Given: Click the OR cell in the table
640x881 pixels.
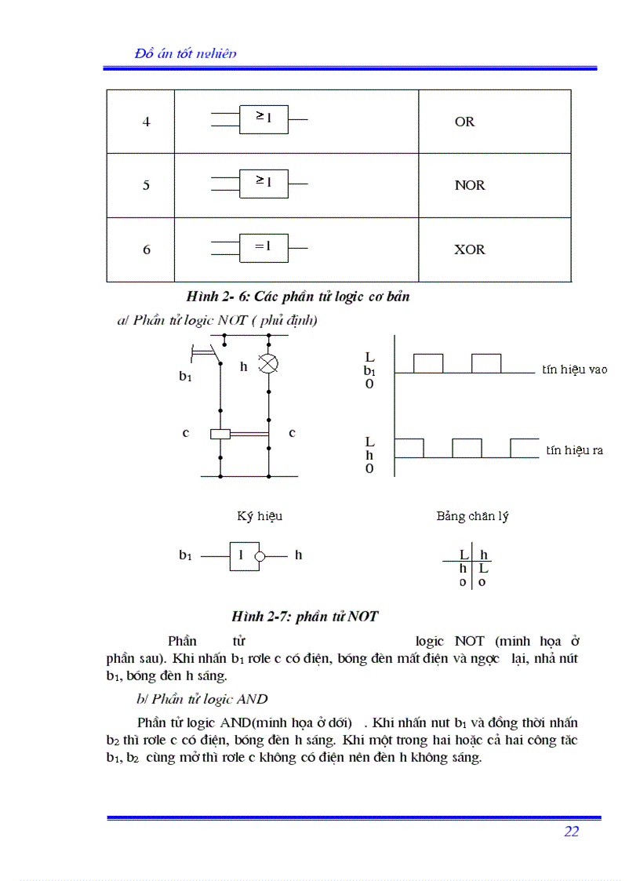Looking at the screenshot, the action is pyautogui.click(x=464, y=122).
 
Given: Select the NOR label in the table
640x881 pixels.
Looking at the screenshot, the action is pyautogui.click(x=469, y=185).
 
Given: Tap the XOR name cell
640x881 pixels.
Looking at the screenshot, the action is pyautogui.click(x=469, y=249).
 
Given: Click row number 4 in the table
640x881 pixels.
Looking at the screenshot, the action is pyautogui.click(x=146, y=122).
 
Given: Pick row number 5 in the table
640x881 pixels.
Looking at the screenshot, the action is pyautogui.click(x=146, y=185).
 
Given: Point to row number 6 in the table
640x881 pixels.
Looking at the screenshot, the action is pyautogui.click(x=146, y=249).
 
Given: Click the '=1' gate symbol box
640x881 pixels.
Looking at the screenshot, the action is pyautogui.click(x=264, y=247).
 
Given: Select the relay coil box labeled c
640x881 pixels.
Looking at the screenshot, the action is pyautogui.click(x=220, y=434).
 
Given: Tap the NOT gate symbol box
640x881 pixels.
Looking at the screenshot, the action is pyautogui.click(x=242, y=555).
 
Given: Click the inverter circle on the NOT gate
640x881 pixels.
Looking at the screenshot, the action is pyautogui.click(x=260, y=555).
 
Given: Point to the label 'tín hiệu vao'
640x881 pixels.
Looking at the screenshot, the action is pyautogui.click(x=574, y=369).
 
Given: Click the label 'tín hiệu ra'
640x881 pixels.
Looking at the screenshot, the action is pyautogui.click(x=574, y=450).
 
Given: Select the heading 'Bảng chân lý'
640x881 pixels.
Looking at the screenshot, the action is pyautogui.click(x=472, y=516).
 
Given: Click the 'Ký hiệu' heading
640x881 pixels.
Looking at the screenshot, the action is pyautogui.click(x=260, y=516).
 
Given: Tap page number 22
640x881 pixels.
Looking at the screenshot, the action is pyautogui.click(x=571, y=832).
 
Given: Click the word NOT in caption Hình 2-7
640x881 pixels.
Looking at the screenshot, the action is pyautogui.click(x=363, y=617).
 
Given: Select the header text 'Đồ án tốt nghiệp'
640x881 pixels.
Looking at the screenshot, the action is pyautogui.click(x=186, y=53).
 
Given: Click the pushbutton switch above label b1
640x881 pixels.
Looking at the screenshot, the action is pyautogui.click(x=205, y=352).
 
